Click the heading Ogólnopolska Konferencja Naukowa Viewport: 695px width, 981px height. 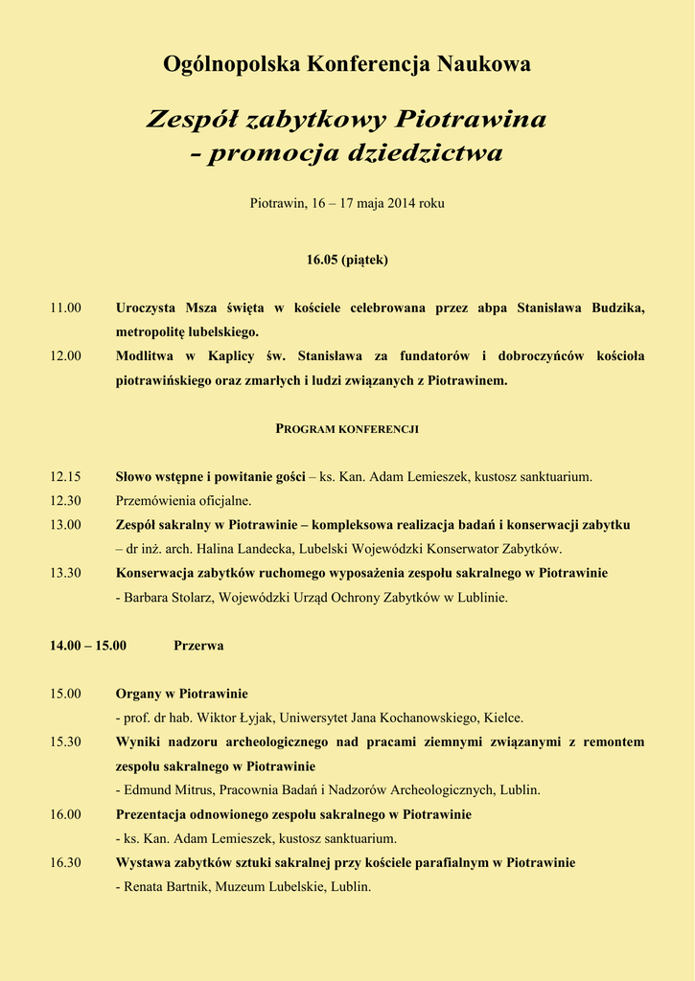coord(347,64)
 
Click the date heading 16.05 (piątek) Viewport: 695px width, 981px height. coord(347,260)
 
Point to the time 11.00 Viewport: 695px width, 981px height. coord(66,308)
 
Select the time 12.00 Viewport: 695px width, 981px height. coord(66,355)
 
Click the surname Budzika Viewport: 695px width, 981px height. coord(614,308)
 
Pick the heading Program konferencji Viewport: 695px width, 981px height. coord(347,428)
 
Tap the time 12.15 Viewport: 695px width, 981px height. coord(66,476)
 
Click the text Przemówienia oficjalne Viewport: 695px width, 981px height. coord(183,500)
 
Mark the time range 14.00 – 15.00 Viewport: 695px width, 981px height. coord(88,645)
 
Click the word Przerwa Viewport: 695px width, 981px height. coord(198,645)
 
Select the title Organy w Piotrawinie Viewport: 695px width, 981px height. coord(182,693)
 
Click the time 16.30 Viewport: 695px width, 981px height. coord(66,862)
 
